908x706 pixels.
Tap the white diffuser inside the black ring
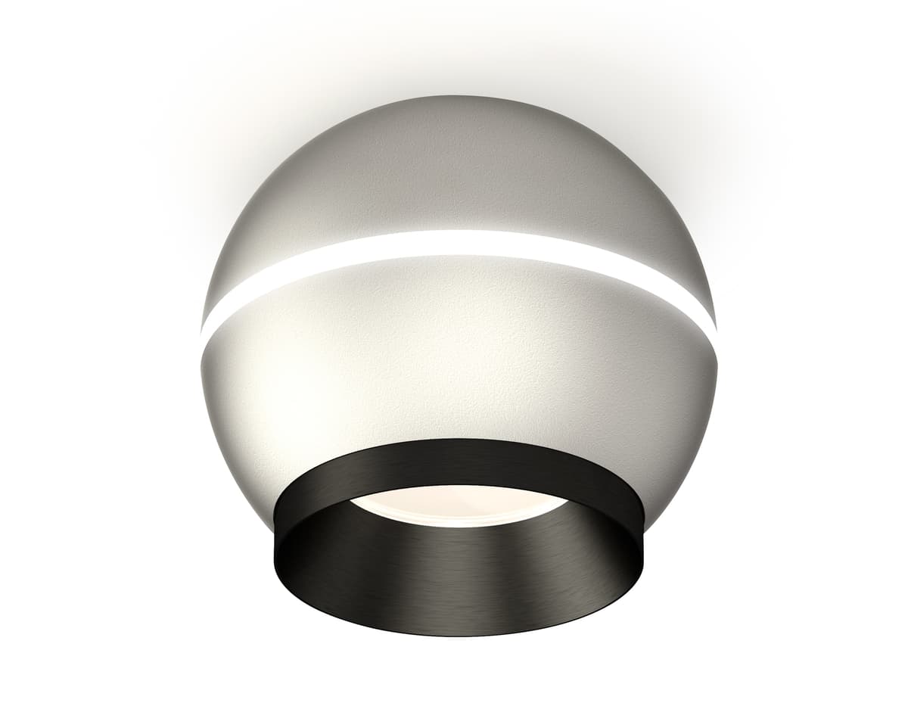459,505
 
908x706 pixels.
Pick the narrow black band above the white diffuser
459,462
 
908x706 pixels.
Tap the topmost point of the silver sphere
459,96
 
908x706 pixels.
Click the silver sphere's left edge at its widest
201,363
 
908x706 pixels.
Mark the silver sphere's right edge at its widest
717,363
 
